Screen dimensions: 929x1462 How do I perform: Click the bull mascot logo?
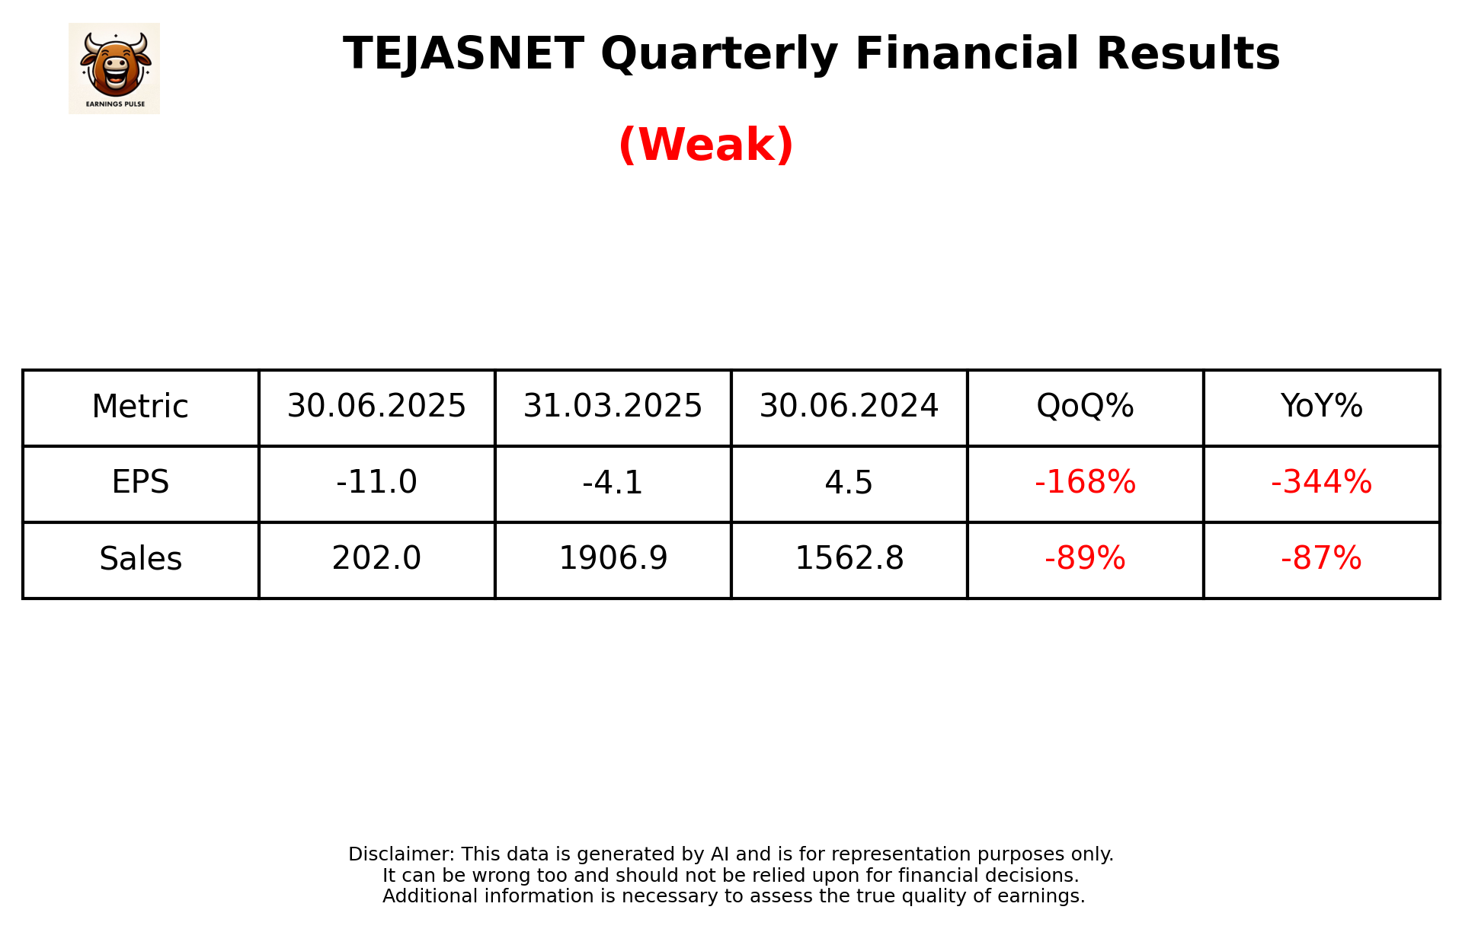pos(114,68)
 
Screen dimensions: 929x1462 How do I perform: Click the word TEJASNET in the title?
pos(463,54)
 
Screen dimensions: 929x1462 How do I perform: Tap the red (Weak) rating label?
pos(705,145)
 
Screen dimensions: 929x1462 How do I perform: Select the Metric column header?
pos(140,407)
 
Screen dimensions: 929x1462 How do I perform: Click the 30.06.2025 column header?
pos(376,407)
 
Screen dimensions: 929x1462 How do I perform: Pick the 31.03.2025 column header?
pos(613,407)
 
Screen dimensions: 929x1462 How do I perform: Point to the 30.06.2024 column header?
pos(849,407)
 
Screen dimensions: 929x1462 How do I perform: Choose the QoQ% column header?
pos(1085,407)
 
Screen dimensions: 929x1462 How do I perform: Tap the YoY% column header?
pos(1321,407)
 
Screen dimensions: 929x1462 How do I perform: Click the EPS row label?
pos(140,483)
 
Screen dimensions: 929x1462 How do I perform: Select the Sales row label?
pos(140,559)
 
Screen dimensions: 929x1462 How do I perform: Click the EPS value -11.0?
pos(376,483)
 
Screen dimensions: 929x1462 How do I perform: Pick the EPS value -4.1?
pos(613,483)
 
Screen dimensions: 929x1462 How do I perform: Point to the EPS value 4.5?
pos(849,483)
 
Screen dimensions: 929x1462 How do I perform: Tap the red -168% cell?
pos(1085,483)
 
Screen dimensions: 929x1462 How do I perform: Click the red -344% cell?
pos(1321,483)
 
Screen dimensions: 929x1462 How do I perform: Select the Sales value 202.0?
pos(376,559)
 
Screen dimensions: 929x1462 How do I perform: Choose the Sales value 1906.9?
pos(613,559)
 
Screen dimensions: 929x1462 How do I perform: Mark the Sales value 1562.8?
pos(849,559)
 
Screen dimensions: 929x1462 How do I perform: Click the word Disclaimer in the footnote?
pos(401,854)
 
